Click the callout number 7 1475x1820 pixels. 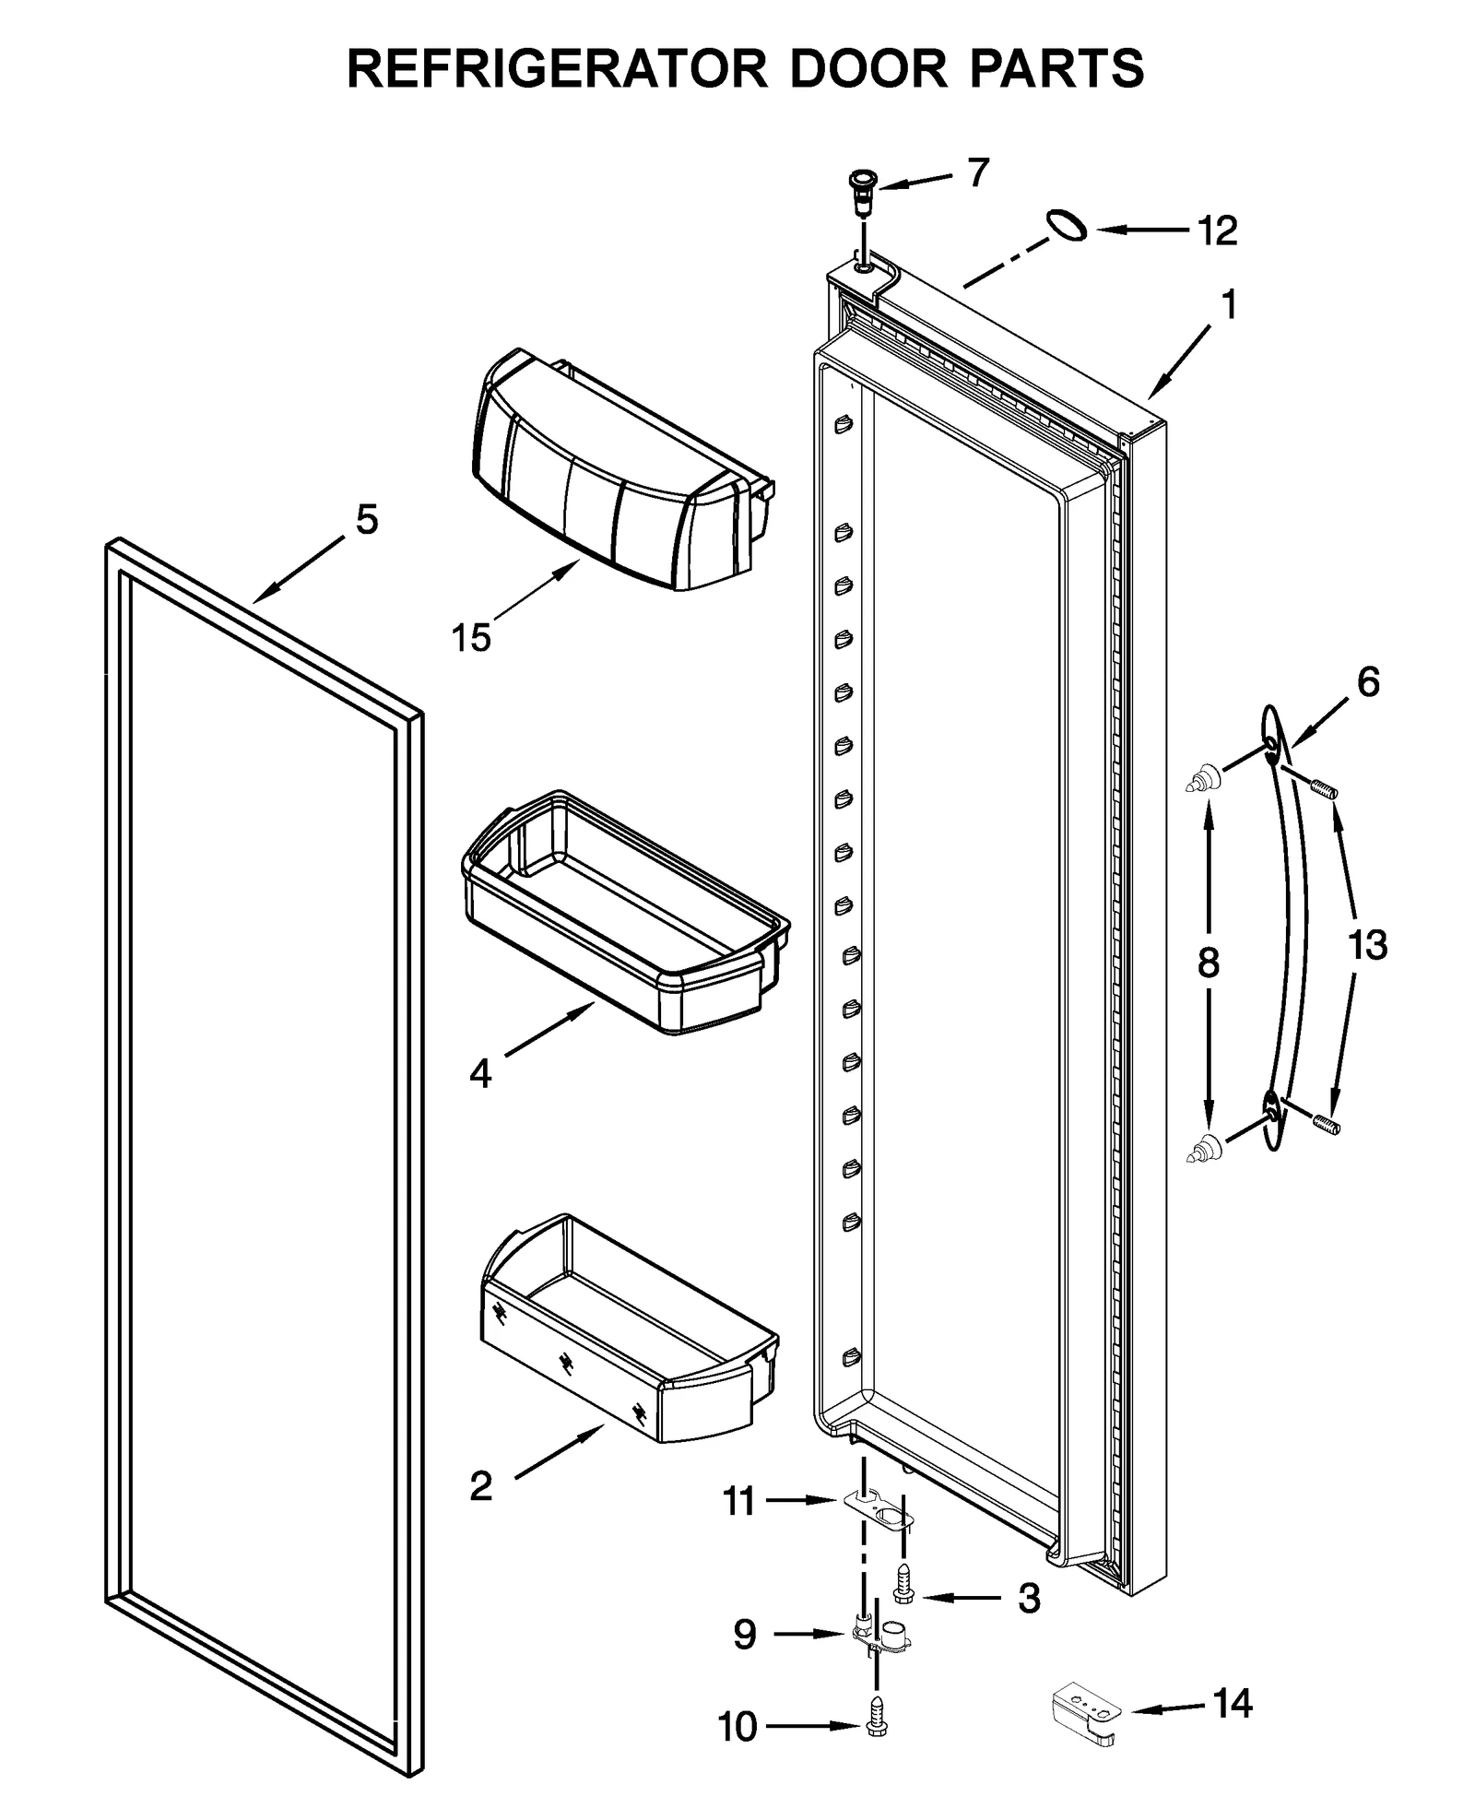[x=978, y=172]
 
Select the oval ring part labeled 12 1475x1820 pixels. [x=1066, y=225]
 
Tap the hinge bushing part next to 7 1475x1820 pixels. [x=864, y=191]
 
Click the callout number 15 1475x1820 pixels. [x=471, y=637]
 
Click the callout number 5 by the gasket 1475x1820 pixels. [x=367, y=521]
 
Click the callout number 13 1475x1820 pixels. [x=1367, y=945]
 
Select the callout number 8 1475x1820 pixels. [x=1208, y=963]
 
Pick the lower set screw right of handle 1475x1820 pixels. [x=1326, y=1124]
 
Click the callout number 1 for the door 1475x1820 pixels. [x=1229, y=304]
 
